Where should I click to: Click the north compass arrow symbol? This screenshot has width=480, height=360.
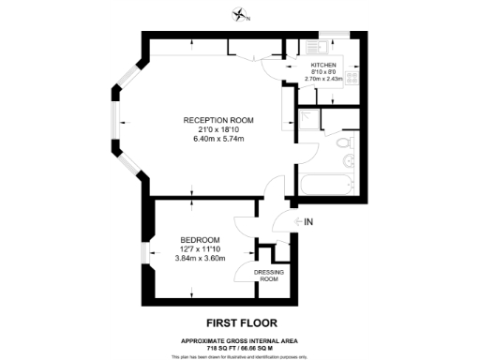point(241,14)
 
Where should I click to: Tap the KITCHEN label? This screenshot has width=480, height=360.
point(324,65)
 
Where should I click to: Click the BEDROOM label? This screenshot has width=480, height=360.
point(200,239)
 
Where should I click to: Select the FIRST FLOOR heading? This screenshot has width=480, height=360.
point(240,322)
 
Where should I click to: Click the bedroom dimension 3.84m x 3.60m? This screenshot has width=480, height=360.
point(201,258)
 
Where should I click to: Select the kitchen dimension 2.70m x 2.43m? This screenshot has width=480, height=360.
point(324,79)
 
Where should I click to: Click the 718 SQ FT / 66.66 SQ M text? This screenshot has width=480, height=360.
point(240,346)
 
